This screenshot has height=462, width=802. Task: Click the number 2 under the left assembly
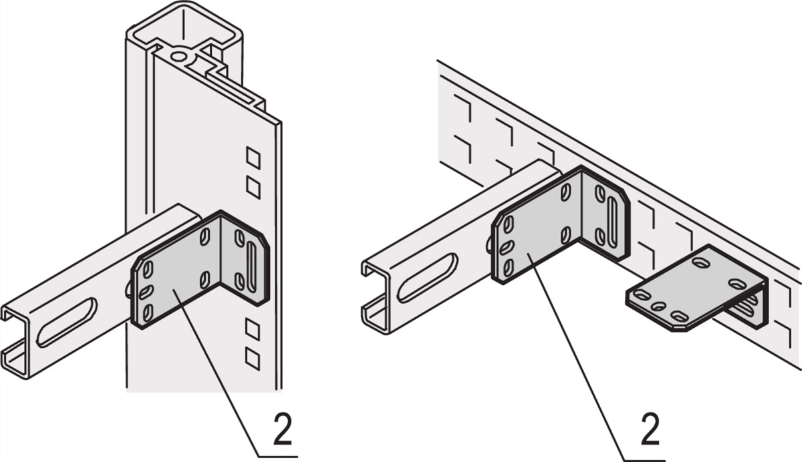click(282, 431)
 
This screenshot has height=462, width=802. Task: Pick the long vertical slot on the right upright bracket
click(612, 222)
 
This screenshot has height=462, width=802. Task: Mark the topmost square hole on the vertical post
click(253, 157)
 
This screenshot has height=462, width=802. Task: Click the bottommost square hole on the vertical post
click(253, 359)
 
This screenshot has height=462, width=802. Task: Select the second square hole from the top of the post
click(253, 187)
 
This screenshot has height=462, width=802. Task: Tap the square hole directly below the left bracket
click(253, 328)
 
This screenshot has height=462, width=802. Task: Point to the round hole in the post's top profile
click(179, 55)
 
